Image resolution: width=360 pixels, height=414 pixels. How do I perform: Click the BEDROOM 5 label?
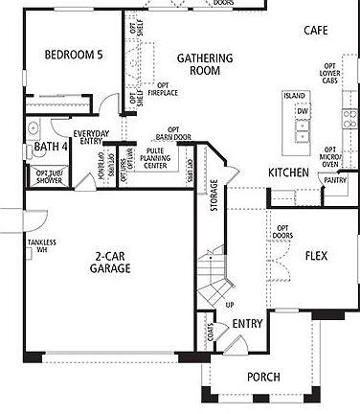click(72, 55)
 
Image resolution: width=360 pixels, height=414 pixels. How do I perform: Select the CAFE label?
click(316, 31)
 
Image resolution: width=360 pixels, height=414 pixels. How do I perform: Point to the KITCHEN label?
click(288, 172)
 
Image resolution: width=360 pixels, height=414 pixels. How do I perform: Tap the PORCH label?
click(263, 378)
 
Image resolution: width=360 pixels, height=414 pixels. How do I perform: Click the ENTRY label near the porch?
click(247, 326)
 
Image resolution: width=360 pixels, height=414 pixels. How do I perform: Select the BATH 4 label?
click(51, 147)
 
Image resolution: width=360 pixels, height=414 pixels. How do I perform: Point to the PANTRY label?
click(335, 179)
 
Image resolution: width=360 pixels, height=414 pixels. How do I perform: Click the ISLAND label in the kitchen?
click(294, 97)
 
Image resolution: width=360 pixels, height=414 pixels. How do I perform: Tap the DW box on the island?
click(302, 112)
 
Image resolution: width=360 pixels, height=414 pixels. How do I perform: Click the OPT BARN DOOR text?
click(174, 135)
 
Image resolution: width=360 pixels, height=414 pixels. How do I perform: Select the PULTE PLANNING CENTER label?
click(154, 158)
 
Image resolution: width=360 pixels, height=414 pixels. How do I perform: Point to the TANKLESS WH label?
click(42, 248)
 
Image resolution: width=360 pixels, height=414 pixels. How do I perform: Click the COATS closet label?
click(209, 331)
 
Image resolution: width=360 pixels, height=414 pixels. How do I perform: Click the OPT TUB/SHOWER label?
click(49, 176)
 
